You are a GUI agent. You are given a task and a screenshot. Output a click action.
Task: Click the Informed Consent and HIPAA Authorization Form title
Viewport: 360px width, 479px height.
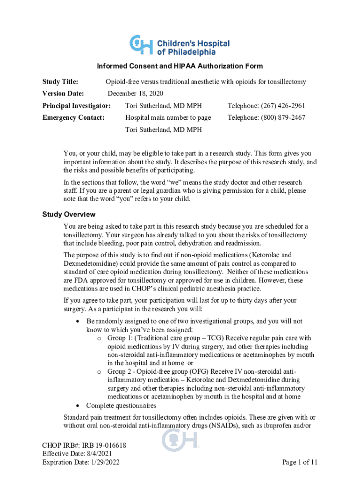180,66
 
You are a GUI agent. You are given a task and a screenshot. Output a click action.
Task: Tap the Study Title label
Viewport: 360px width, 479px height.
60,82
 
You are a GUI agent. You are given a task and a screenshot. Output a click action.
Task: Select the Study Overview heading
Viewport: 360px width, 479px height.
69,214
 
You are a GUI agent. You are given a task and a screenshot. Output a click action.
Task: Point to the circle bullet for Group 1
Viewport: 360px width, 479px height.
99,338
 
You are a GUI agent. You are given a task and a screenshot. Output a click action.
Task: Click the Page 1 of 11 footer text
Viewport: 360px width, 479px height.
300,462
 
